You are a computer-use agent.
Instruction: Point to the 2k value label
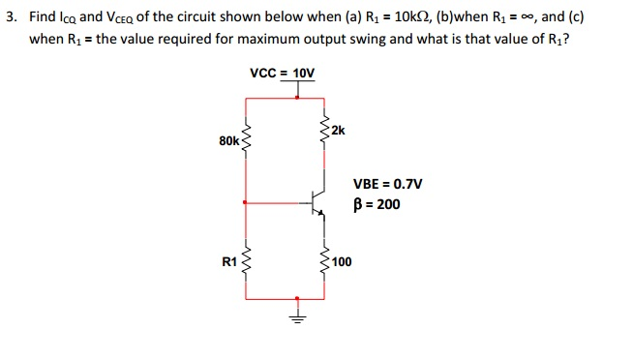[337, 131]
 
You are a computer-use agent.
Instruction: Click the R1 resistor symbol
[246, 260]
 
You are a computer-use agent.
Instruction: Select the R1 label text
[229, 261]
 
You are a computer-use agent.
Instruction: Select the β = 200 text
[377, 204]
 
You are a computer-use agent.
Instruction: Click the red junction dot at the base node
[246, 203]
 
